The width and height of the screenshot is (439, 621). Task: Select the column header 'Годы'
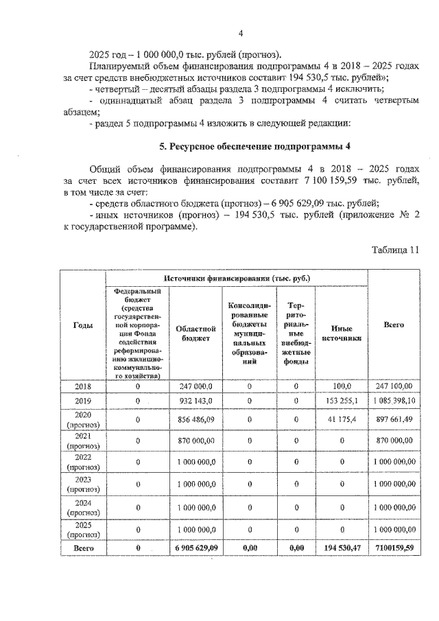tap(82, 325)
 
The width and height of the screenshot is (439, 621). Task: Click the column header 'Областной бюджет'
tap(191, 333)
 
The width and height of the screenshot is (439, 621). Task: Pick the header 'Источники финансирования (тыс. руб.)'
tap(236, 278)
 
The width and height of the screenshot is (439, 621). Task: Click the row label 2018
tap(82, 386)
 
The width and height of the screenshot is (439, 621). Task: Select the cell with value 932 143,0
tap(191, 400)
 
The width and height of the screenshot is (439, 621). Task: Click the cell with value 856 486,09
tap(191, 419)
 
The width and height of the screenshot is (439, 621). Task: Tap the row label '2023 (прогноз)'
tap(82, 485)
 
